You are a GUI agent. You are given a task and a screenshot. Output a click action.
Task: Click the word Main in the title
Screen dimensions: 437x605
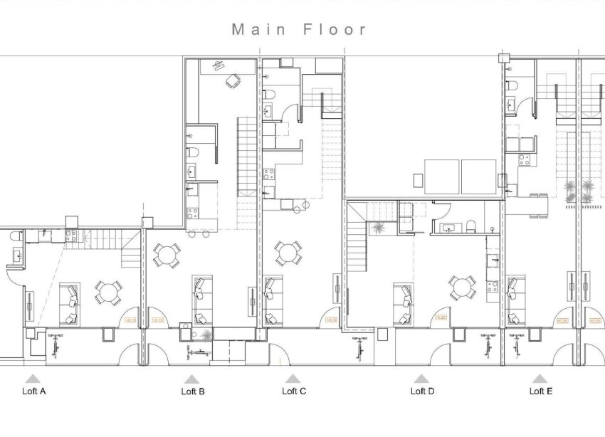[x=258, y=29]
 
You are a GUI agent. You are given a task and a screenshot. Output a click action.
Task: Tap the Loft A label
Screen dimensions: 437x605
[x=34, y=391]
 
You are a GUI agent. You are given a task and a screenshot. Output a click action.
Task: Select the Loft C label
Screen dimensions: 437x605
[x=294, y=391]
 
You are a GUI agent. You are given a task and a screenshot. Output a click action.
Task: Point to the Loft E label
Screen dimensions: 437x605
[x=541, y=391]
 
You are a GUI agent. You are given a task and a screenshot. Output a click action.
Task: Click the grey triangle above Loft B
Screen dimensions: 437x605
[x=191, y=379]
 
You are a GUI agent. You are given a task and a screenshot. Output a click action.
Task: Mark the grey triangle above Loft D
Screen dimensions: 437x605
[x=421, y=379]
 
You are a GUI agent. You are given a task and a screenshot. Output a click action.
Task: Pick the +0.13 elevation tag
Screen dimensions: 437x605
[x=130, y=320]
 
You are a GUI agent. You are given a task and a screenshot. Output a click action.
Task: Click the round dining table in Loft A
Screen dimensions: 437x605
[x=108, y=292]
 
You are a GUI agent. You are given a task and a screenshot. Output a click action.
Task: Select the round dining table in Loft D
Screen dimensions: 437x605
[x=462, y=288]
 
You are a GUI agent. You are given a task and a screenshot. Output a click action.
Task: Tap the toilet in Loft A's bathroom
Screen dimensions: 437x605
[x=16, y=256]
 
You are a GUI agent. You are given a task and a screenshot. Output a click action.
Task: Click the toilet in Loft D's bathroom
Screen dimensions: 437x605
[x=471, y=228]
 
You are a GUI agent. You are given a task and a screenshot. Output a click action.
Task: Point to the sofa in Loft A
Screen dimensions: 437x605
[x=69, y=302]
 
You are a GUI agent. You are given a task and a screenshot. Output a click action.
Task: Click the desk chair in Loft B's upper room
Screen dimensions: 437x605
[x=232, y=82]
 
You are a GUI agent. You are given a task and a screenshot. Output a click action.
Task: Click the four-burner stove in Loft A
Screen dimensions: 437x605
[x=71, y=235]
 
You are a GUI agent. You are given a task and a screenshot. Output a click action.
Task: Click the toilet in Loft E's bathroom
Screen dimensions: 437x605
[x=511, y=85]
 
